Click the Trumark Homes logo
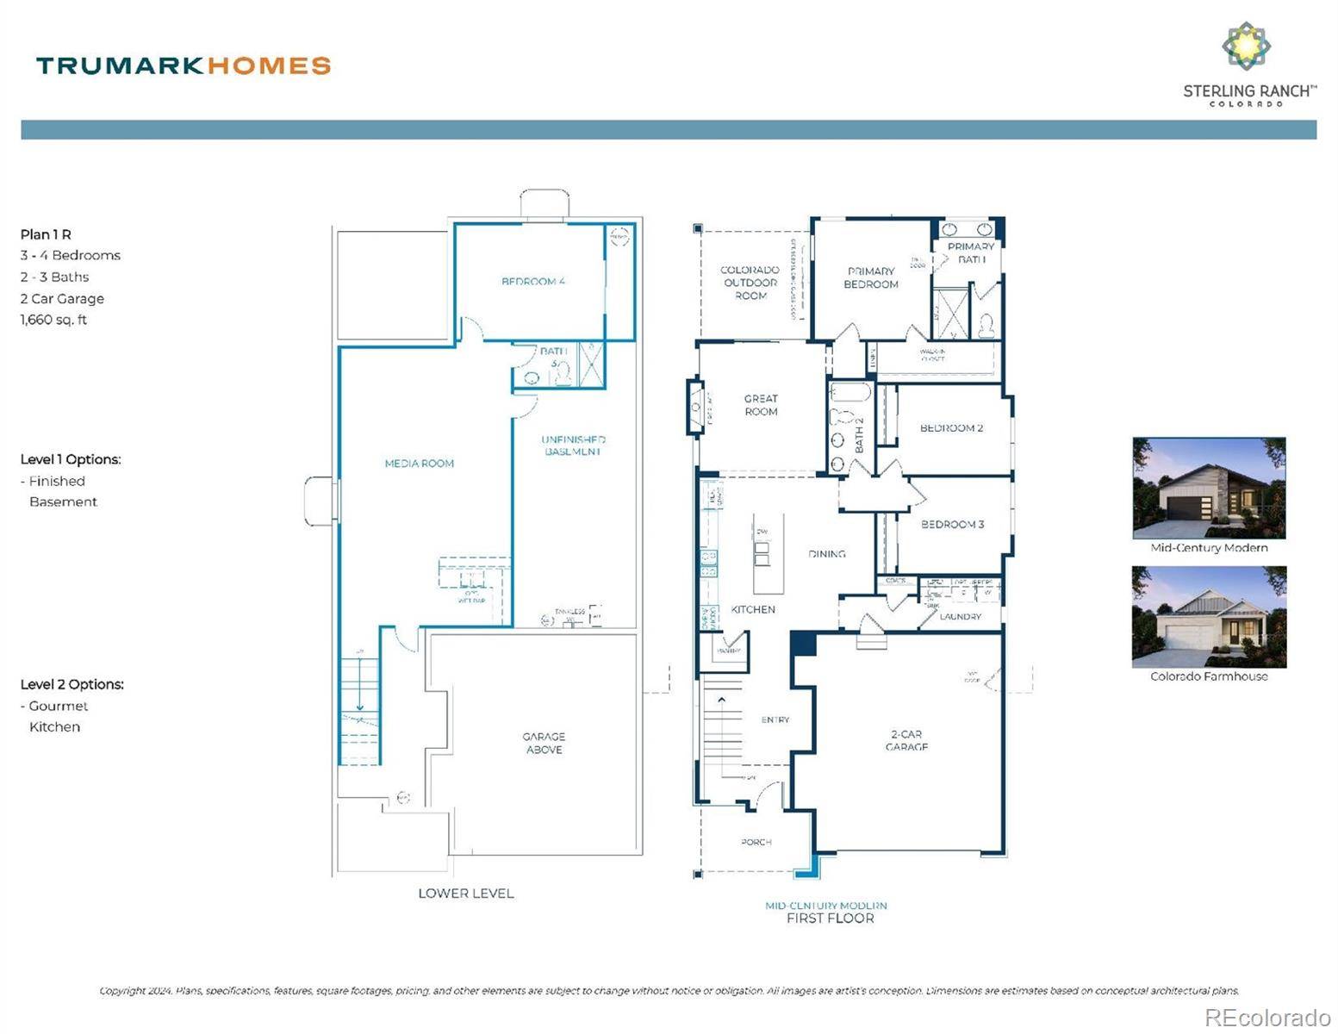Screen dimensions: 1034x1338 [x=183, y=65]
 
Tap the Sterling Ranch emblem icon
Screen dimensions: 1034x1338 [x=1246, y=46]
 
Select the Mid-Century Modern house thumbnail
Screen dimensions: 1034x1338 [x=1208, y=488]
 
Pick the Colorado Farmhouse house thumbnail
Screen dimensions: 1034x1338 [x=1208, y=616]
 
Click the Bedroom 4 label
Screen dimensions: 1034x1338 [x=532, y=281]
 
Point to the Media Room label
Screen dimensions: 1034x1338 [x=419, y=464]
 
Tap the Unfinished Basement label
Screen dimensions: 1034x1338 [x=573, y=445]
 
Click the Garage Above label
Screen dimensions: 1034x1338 [x=544, y=743]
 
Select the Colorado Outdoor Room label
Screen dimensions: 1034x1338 [x=750, y=283]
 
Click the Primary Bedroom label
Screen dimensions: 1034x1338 [x=871, y=277]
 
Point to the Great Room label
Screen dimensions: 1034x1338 [x=761, y=405]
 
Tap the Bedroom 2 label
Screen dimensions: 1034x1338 [x=951, y=428]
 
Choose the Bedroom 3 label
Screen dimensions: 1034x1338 [x=952, y=524]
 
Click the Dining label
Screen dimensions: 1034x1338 [x=826, y=554]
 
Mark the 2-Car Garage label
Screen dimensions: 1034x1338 [x=906, y=740]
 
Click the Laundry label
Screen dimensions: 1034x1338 [x=960, y=617]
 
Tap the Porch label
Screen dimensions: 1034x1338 [x=756, y=842]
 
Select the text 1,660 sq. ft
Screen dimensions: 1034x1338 [x=53, y=320]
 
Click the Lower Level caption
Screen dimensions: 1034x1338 [x=465, y=894]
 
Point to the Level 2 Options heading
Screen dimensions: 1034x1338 [x=72, y=684]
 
